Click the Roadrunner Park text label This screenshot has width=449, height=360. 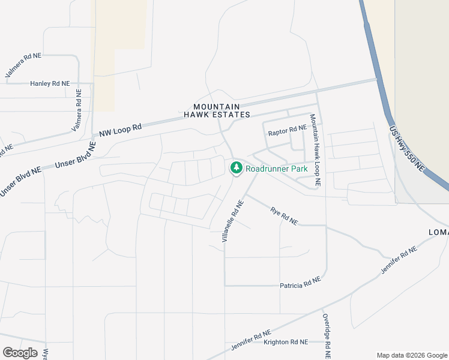click(x=277, y=169)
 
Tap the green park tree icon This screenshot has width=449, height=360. click(x=237, y=167)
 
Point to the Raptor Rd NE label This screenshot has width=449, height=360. click(x=288, y=129)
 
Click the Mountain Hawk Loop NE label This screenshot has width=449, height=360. click(x=315, y=149)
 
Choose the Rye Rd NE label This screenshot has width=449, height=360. click(x=284, y=216)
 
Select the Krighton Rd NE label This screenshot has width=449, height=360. click(x=285, y=341)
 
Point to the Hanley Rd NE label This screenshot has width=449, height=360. click(x=50, y=83)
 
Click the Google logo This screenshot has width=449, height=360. click(x=20, y=352)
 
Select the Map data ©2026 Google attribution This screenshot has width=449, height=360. click(x=412, y=355)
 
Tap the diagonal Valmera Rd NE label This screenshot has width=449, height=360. click(x=23, y=65)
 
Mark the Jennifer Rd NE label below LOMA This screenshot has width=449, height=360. click(x=399, y=261)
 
